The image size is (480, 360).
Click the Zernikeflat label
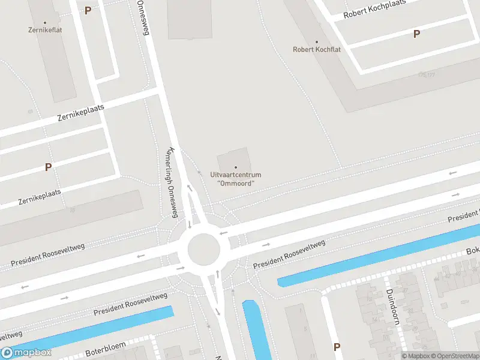pos(44,29)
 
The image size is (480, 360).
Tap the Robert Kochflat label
pos(316,50)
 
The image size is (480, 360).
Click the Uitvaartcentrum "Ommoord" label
pos(236,179)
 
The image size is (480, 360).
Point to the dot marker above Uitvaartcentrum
pos(236,167)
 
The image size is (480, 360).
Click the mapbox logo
pos(26,353)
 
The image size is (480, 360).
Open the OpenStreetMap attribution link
pos(454,356)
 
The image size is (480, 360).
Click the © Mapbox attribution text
pos(417,356)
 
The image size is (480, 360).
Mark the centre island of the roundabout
pos(204,250)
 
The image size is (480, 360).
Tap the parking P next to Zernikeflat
pos(88,10)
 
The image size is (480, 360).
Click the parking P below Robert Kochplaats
pos(416,34)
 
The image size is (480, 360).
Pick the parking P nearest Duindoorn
pos(337,347)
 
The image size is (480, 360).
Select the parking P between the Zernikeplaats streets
pos(48,167)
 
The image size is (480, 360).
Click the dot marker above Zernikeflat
pos(44,23)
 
